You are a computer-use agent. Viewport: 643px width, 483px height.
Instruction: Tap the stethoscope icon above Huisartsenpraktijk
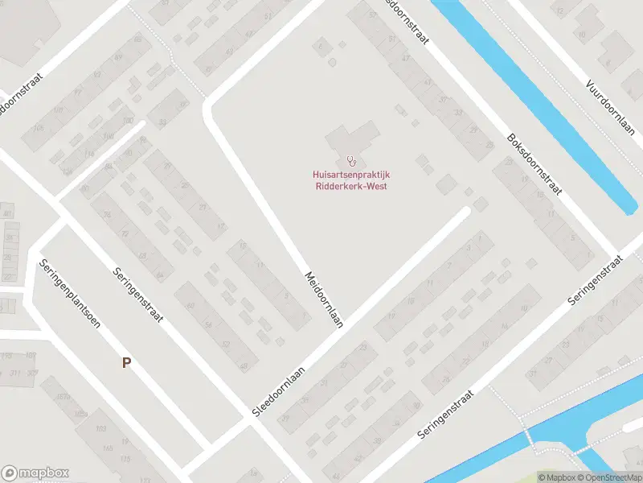(351, 161)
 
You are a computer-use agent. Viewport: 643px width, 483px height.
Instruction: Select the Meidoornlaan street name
(323, 298)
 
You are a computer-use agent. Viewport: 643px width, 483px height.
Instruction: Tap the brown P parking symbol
(126, 363)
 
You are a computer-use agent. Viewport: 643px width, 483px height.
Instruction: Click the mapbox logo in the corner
(35, 473)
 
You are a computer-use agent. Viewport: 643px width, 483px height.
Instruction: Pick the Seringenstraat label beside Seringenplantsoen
(138, 295)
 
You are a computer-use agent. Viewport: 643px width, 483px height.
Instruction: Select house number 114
(89, 154)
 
